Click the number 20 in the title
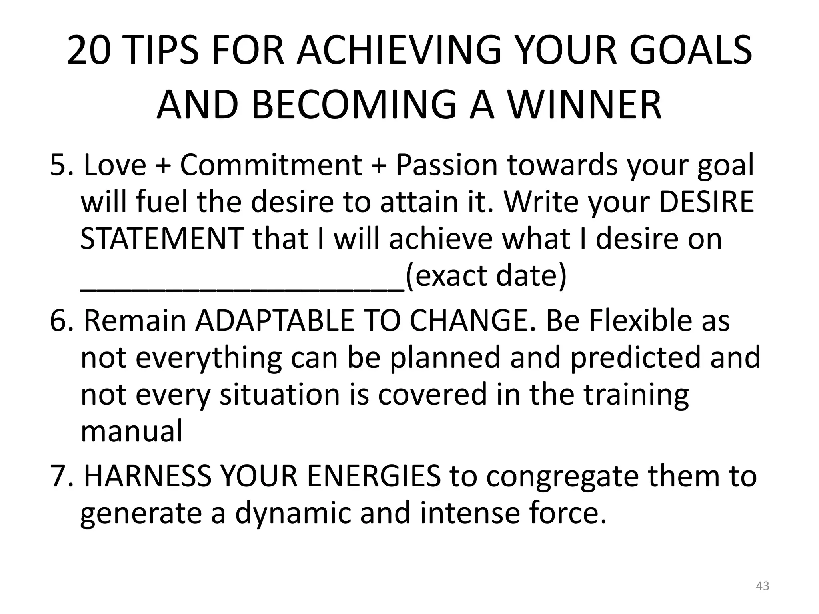tap(88, 51)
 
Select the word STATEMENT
tap(162, 239)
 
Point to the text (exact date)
tap(486, 276)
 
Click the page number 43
tap(763, 586)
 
